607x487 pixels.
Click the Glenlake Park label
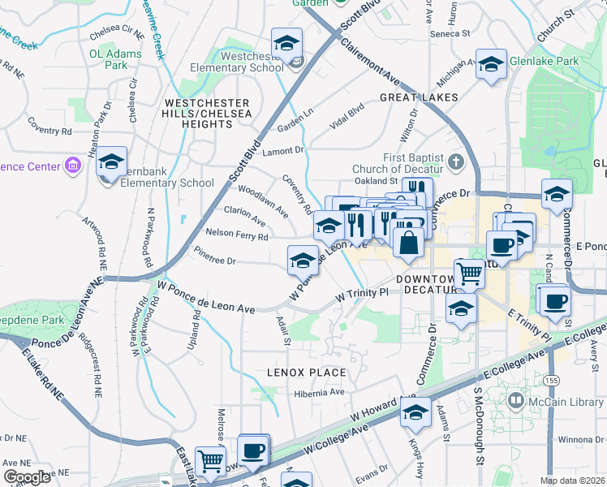pyautogui.click(x=544, y=61)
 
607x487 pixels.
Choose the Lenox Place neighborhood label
pyautogui.click(x=307, y=373)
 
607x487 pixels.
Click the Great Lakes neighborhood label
pyautogui.click(x=419, y=97)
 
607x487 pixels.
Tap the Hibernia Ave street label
pyautogui.click(x=319, y=392)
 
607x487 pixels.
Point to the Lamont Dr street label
pyautogui.click(x=282, y=150)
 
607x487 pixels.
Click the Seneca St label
pyautogui.click(x=454, y=34)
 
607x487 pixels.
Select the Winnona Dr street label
pyautogui.click(x=579, y=441)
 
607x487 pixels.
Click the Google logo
pyautogui.click(x=27, y=477)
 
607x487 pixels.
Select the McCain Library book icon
pyautogui.click(x=516, y=400)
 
